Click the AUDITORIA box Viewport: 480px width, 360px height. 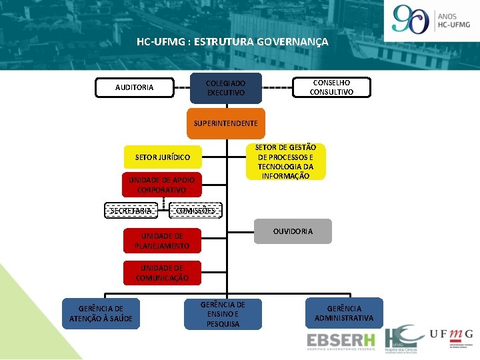(134, 87)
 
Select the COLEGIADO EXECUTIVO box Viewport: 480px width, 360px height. (225, 87)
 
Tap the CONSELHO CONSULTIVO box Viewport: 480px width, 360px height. (331, 87)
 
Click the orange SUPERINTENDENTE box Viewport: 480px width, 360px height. (225, 123)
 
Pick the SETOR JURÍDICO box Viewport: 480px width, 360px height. (163, 157)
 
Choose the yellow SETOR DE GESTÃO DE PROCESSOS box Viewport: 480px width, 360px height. (285, 162)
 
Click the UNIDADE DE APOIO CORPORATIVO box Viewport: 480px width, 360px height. (162, 185)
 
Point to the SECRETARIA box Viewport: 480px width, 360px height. (131, 211)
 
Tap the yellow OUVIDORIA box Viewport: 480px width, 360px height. (292, 231)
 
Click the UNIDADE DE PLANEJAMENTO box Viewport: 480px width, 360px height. (162, 241)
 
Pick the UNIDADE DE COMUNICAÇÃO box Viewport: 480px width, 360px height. (162, 273)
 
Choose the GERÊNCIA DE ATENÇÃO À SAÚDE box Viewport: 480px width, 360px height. (101, 313)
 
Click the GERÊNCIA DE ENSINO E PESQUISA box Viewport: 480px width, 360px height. (223, 314)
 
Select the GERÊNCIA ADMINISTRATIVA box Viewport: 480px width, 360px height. (344, 313)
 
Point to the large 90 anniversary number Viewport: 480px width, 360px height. (411, 19)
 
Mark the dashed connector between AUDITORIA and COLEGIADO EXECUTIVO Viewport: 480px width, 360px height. (182, 87)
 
